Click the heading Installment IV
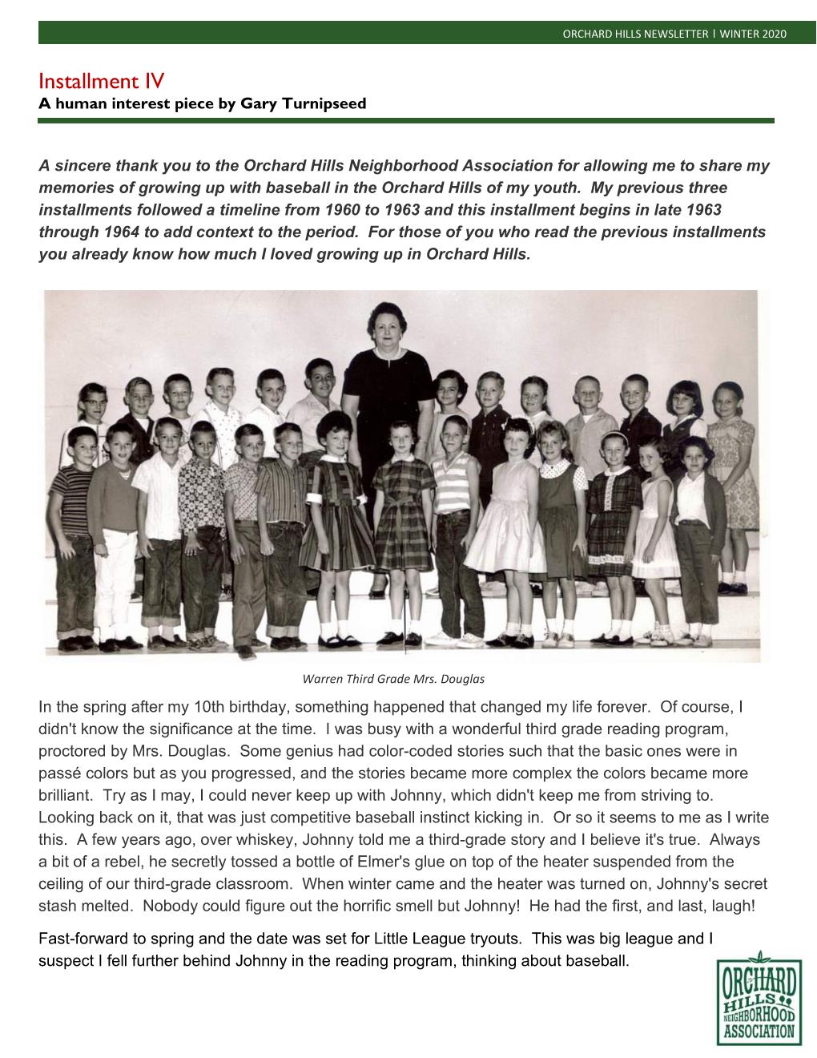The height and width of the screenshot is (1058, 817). (x=101, y=81)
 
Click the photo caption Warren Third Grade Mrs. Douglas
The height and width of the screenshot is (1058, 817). (x=393, y=679)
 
